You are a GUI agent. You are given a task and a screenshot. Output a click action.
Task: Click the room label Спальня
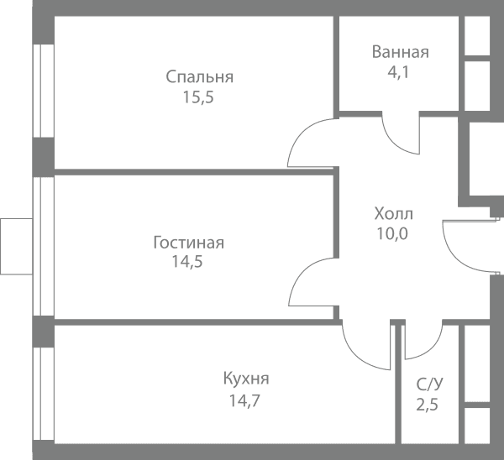click(x=200, y=77)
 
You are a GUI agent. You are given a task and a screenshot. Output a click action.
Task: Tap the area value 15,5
click(x=198, y=97)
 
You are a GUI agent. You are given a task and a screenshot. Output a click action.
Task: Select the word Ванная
click(x=400, y=52)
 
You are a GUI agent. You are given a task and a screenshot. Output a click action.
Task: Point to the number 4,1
click(x=398, y=72)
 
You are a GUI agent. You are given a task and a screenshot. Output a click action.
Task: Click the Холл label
click(x=393, y=213)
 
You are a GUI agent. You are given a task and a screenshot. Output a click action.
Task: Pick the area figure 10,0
click(x=392, y=233)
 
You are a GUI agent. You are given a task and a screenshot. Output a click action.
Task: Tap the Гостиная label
click(x=189, y=243)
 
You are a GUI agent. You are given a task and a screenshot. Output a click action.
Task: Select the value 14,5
click(x=187, y=262)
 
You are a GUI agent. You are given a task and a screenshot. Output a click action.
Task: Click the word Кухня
click(x=246, y=379)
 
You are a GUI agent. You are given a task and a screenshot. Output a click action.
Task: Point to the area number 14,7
click(x=244, y=401)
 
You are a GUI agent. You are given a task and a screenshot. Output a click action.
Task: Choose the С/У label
click(x=430, y=384)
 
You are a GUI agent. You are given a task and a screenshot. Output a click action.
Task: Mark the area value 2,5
click(x=428, y=405)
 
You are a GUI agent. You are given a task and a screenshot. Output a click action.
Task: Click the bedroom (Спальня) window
click(x=44, y=91)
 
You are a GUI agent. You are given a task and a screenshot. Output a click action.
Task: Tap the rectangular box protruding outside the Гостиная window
click(x=17, y=247)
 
